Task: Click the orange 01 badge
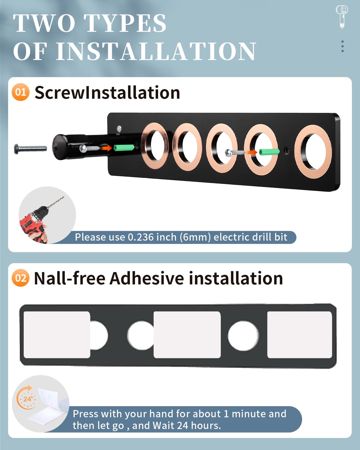pos(20,92)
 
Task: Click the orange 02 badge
pos(20,278)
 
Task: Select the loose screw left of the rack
pos(30,148)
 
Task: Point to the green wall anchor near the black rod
pos(124,148)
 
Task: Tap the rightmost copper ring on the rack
pos(313,151)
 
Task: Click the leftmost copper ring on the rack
pos(155,145)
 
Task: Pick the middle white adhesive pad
pos(187,334)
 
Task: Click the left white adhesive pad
pos(57,334)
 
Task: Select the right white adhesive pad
pos(299,334)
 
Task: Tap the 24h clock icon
pos(26,398)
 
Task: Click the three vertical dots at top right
pos(342,46)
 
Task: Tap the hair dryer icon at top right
pos(342,16)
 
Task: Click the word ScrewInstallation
pos(107,92)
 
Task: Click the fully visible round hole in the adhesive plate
pos(243,336)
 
